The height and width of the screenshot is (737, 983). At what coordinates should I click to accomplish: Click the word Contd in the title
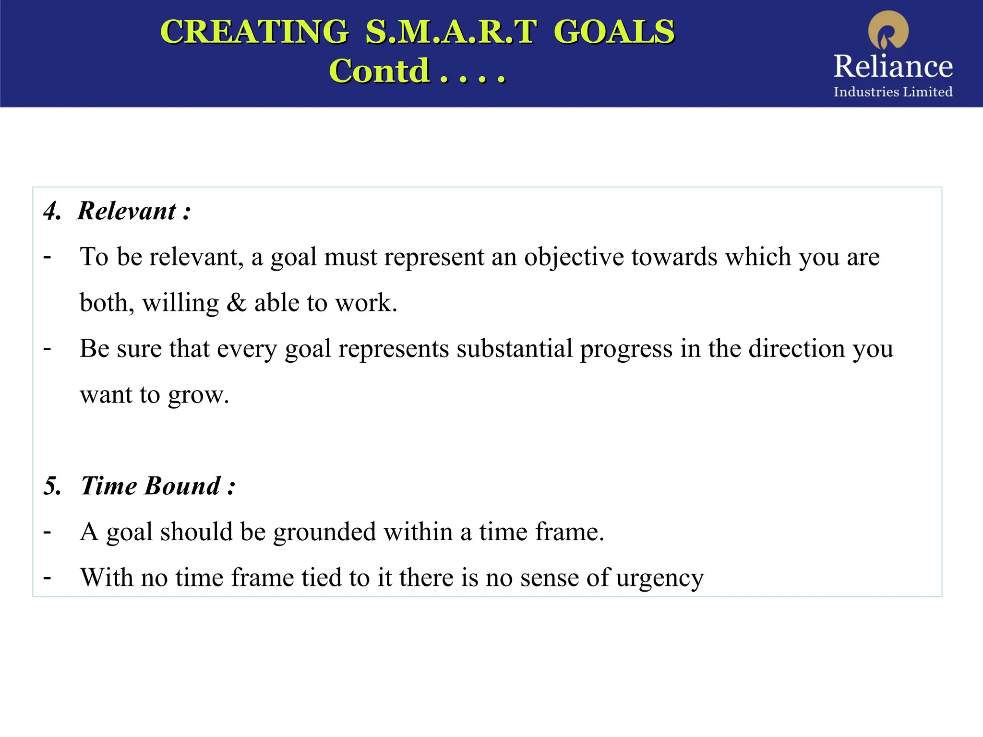379,71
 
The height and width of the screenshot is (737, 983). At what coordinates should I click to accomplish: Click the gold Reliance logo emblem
888,30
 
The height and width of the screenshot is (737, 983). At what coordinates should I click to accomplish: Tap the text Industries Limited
893,92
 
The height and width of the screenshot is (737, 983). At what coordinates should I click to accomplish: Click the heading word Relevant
127,211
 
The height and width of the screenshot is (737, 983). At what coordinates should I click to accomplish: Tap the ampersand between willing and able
236,303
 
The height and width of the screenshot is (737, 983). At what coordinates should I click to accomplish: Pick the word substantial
515,348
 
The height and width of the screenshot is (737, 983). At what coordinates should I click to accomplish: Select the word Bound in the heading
182,486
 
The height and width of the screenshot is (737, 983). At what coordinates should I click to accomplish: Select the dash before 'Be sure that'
47,348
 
